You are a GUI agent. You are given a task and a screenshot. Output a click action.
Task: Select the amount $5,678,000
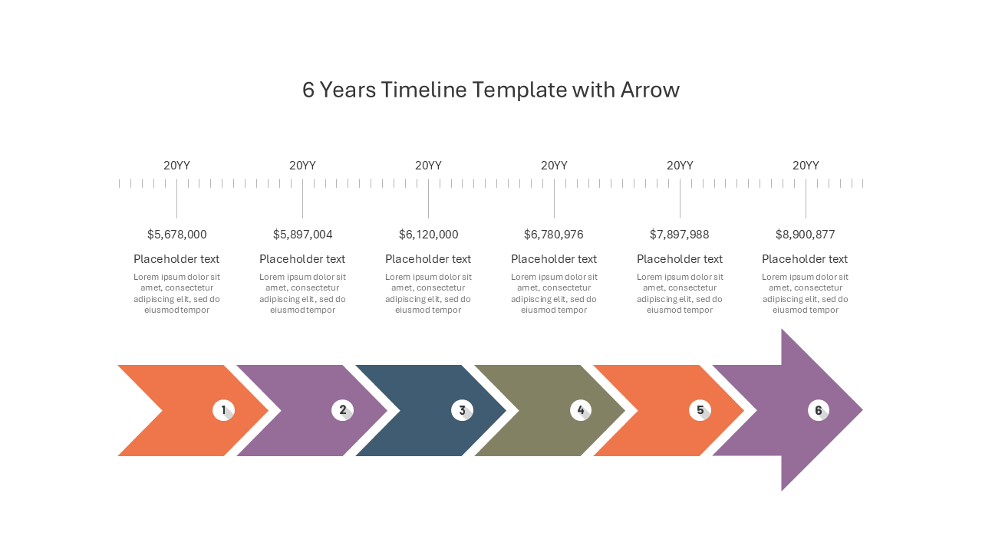tap(176, 235)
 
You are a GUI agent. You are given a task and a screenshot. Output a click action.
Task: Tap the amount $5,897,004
tap(302, 235)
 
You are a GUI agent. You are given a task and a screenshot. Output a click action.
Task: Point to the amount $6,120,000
tap(428, 235)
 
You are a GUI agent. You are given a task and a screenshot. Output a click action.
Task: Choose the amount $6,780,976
tap(554, 235)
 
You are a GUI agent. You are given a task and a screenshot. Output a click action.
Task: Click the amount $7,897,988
tap(680, 235)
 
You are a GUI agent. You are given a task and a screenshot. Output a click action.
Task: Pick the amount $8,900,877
tap(806, 235)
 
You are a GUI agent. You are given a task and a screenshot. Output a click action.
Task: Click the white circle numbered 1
tap(223, 410)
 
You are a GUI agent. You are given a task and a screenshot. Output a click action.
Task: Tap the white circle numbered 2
tap(342, 410)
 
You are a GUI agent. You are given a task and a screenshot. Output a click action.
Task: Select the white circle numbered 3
tap(462, 410)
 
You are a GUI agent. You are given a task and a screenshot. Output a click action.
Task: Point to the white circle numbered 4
tap(581, 410)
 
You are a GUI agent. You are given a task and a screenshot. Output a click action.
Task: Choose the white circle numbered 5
tap(700, 410)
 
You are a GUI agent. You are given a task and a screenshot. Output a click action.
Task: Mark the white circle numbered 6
tap(819, 410)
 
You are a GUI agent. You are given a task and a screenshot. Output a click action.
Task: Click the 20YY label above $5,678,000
tap(176, 166)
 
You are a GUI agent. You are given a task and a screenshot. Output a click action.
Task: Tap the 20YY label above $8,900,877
tap(806, 166)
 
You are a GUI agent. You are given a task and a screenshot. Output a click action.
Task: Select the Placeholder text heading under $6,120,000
tap(428, 259)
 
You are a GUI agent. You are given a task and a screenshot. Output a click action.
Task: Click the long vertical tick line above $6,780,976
tap(554, 199)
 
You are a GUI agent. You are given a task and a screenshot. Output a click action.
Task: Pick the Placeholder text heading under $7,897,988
tap(680, 259)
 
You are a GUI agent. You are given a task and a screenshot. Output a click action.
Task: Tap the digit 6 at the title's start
tap(308, 90)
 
